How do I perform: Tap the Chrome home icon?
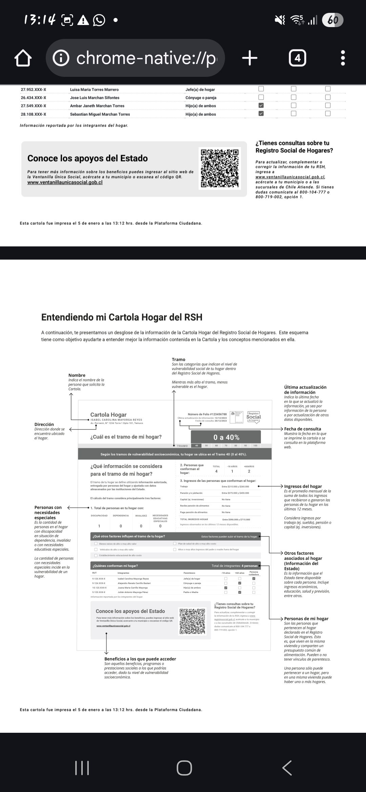point(23,58)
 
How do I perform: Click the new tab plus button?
point(250,58)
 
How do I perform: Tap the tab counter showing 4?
point(298,58)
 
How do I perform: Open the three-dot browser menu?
point(343,58)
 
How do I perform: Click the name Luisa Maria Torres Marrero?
point(94,90)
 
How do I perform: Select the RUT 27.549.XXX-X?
point(34,106)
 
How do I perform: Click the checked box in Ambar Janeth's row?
point(261,105)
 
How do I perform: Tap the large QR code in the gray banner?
point(220,168)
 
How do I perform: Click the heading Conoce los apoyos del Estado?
point(87,158)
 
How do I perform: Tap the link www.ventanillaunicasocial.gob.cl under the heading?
point(65,182)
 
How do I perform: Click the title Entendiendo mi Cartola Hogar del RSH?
point(122,317)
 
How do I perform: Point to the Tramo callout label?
point(179,359)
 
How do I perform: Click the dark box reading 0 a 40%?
point(226,437)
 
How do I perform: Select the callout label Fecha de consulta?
point(303,429)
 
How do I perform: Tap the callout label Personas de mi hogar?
point(306,618)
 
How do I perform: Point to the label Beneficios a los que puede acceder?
point(140,659)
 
